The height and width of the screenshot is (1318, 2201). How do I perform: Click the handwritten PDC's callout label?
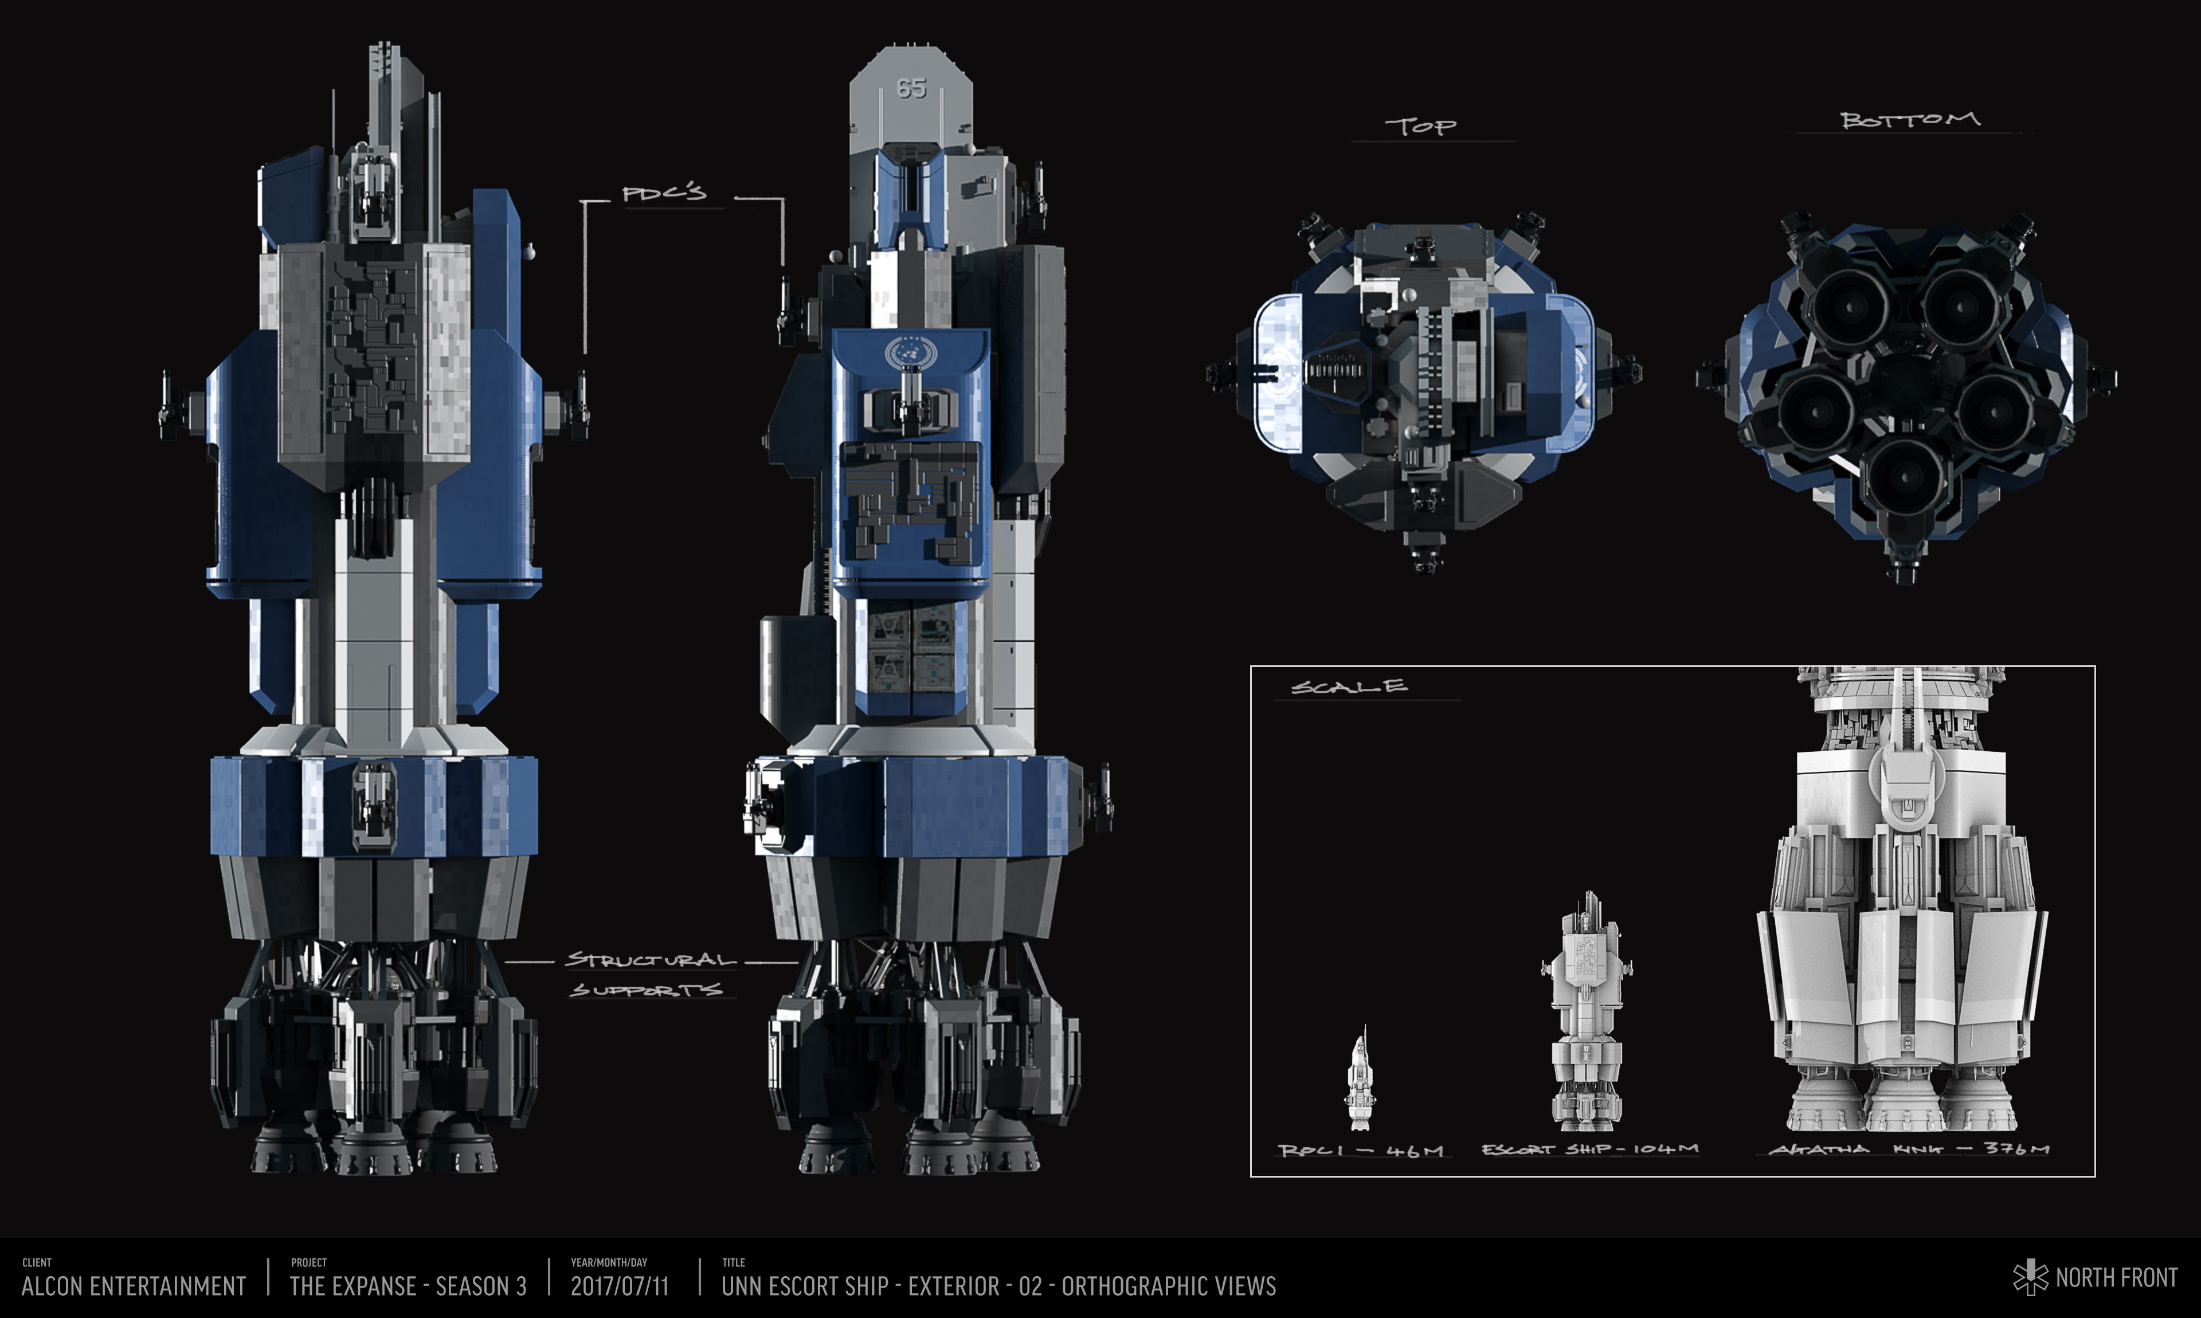pyautogui.click(x=664, y=193)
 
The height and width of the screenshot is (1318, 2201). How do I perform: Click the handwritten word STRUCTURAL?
pyautogui.click(x=651, y=960)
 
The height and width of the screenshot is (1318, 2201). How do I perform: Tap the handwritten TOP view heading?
pyautogui.click(x=1420, y=126)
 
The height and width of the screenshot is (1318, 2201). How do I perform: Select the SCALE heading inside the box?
pyautogui.click(x=1348, y=687)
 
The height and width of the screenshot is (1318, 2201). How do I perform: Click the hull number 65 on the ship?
pyautogui.click(x=911, y=88)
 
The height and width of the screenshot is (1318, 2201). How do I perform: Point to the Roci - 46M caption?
pyautogui.click(x=1360, y=1150)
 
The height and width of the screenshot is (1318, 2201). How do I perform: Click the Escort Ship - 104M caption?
pyautogui.click(x=1590, y=1150)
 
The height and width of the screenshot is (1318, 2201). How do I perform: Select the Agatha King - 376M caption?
pyautogui.click(x=1910, y=1150)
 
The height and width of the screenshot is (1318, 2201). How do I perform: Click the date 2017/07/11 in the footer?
pyautogui.click(x=619, y=1286)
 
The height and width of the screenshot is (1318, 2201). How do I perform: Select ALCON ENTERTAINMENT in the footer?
pyautogui.click(x=133, y=1286)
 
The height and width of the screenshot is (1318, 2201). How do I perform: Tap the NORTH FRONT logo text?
pyautogui.click(x=2116, y=1278)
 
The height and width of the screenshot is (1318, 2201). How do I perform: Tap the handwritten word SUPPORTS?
pyautogui.click(x=646, y=990)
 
